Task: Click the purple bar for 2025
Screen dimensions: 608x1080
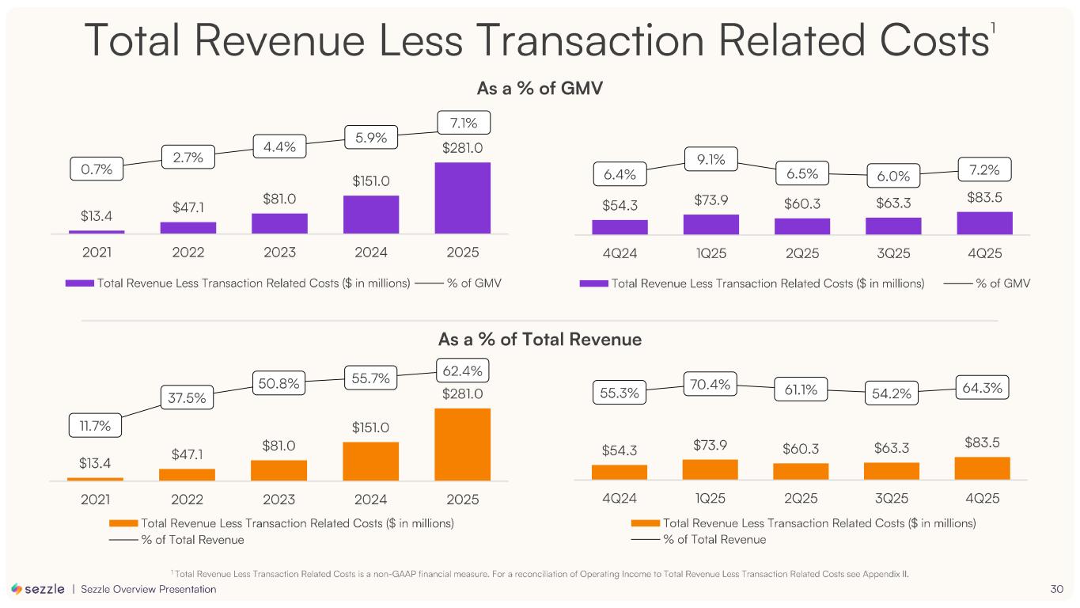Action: coord(462,198)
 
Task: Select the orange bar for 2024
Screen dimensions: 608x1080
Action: coord(370,461)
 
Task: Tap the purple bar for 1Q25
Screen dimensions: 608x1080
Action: coord(711,225)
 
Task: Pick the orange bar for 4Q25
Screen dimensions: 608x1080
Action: coord(982,468)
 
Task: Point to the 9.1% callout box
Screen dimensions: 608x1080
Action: coord(711,161)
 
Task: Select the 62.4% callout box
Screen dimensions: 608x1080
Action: coord(463,370)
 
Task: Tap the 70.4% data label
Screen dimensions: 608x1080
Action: coord(711,386)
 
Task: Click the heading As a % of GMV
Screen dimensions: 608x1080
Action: coord(540,88)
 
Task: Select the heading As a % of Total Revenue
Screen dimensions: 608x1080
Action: coord(540,340)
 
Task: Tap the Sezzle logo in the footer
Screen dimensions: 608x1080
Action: coord(38,589)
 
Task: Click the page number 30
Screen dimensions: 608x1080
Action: coord(1056,589)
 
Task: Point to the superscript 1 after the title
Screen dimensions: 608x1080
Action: coord(993,29)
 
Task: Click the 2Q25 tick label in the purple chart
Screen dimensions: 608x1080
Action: coord(801,253)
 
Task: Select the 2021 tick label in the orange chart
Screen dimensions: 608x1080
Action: coord(96,500)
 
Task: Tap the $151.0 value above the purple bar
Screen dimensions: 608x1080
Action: coord(371,181)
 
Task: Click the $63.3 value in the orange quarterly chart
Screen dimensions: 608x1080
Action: coord(892,449)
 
